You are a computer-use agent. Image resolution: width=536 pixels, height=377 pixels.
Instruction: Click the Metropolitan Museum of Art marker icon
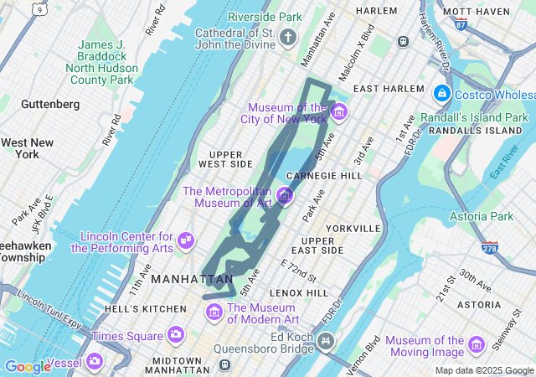pos(286,196)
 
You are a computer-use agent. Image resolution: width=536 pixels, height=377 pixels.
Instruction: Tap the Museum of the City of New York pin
pos(339,111)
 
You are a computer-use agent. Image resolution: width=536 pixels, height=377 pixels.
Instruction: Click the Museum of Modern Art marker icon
pos(214,312)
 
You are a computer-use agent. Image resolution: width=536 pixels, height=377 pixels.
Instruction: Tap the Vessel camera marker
pos(95,361)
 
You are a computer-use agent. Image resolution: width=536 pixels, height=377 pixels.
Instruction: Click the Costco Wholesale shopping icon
pos(441,92)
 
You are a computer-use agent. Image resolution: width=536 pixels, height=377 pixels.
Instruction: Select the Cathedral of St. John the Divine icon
pos(288,38)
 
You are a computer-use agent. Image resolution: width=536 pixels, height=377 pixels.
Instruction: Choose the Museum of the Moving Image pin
pos(477,345)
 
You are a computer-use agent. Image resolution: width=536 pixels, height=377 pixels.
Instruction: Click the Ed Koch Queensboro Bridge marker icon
pos(326,341)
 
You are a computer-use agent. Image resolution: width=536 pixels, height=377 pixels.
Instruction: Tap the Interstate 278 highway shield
pos(490,248)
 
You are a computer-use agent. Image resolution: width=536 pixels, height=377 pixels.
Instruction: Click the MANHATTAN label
pos(193,278)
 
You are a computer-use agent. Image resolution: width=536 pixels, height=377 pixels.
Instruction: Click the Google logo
pos(28,367)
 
